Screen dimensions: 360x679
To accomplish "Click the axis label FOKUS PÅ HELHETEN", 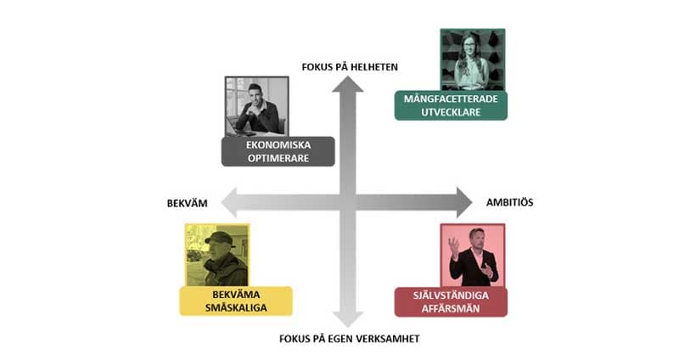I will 350,66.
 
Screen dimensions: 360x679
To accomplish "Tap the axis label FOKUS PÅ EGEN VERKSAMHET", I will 349,339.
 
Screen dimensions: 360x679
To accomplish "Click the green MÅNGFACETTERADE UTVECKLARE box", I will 451,105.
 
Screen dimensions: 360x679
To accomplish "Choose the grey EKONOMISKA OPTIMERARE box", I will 278,151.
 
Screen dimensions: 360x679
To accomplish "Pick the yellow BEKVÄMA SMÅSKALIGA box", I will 236,301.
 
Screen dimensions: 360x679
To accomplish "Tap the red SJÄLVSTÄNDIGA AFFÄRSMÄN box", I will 451,301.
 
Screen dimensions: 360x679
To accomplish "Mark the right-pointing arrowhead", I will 462,202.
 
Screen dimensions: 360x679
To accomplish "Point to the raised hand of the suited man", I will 454,245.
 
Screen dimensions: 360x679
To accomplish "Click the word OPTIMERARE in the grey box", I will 278,158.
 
